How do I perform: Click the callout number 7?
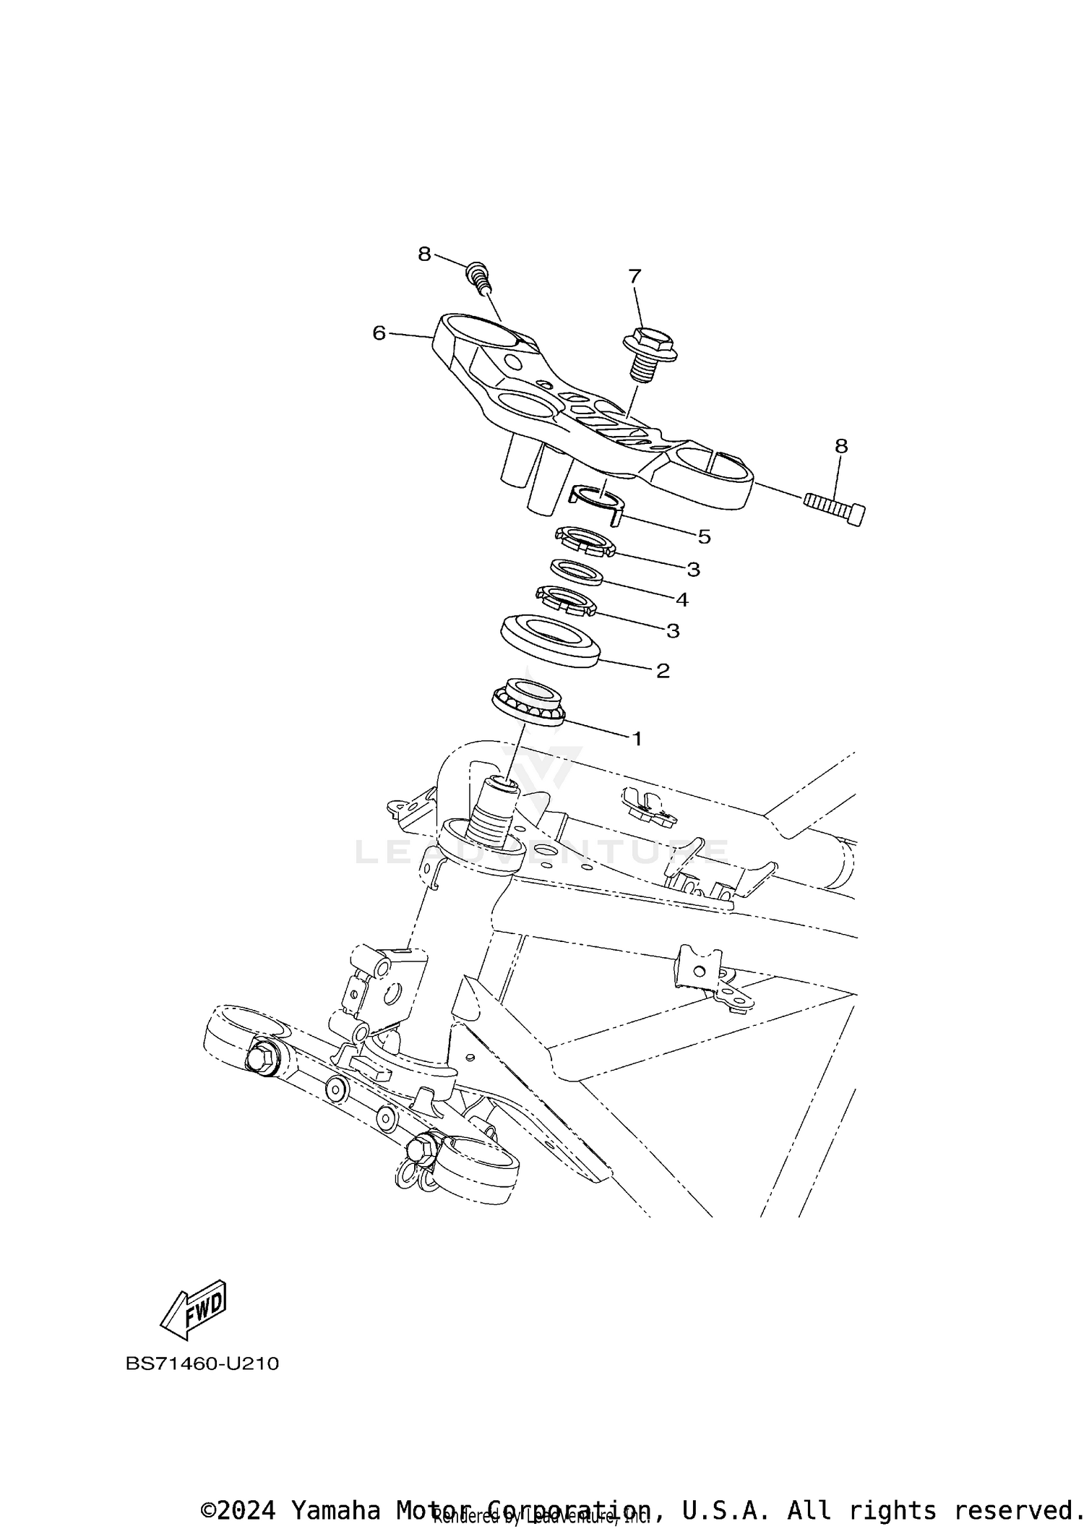[x=635, y=276]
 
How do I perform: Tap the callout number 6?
[x=379, y=333]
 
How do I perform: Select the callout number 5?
[x=704, y=536]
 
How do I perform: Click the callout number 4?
[x=681, y=599]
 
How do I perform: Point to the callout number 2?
[x=663, y=671]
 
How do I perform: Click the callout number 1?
[x=637, y=739]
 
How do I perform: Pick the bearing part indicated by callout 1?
[x=528, y=701]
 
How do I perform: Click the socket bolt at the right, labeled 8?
[x=835, y=509]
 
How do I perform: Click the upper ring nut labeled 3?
[x=585, y=542]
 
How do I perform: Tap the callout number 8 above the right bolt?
[x=841, y=446]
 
